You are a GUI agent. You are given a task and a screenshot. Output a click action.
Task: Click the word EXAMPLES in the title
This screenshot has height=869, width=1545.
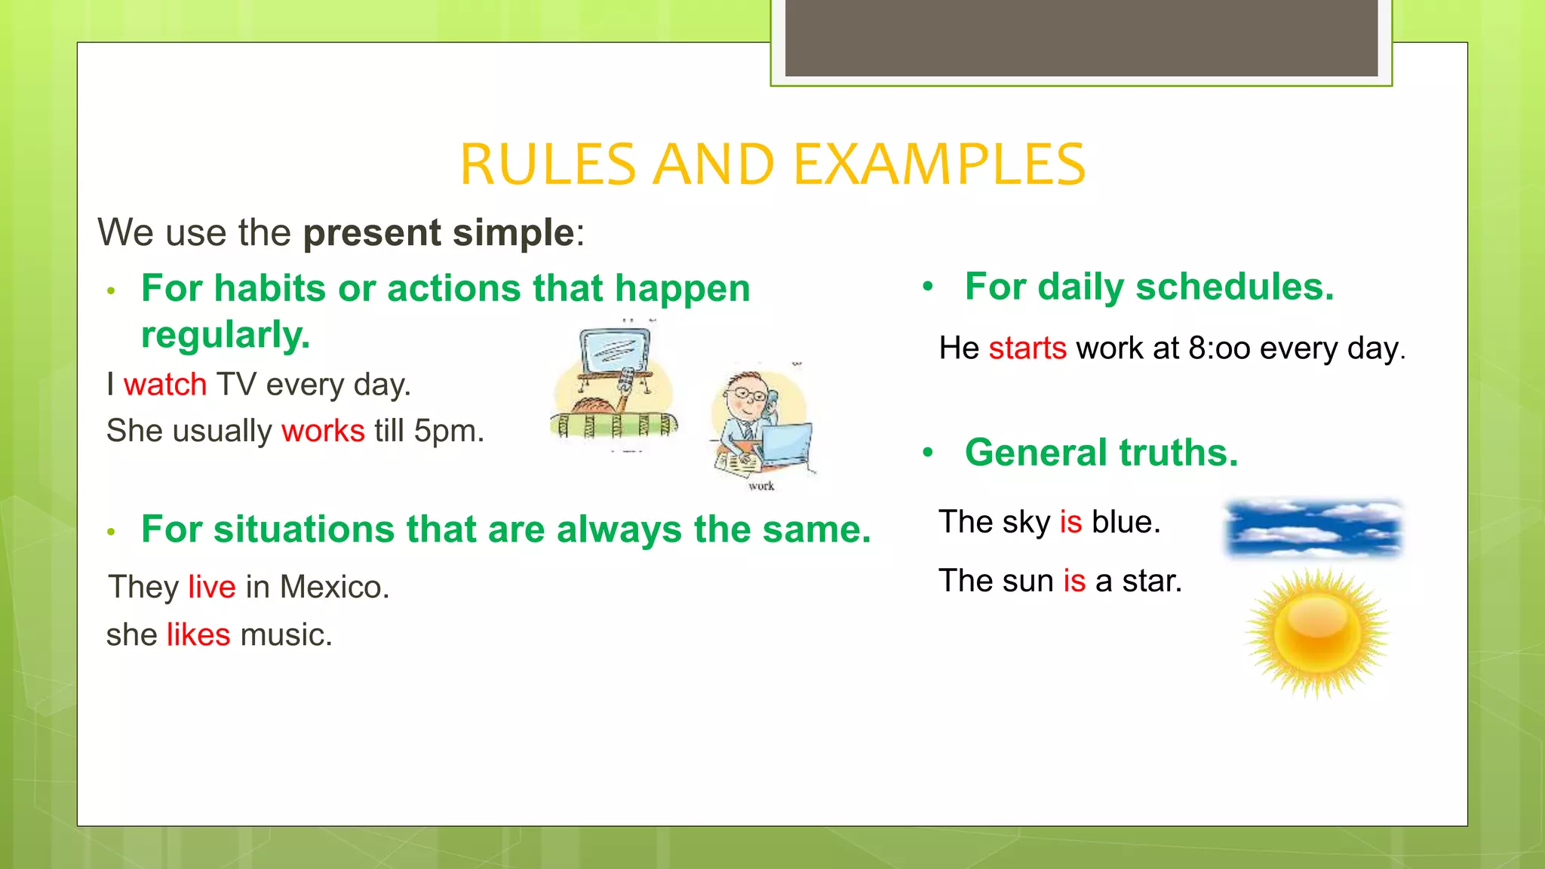pos(939,164)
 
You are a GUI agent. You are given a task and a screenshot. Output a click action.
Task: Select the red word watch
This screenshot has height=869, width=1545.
pos(164,385)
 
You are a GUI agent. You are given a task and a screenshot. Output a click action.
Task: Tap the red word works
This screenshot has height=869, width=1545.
pos(323,431)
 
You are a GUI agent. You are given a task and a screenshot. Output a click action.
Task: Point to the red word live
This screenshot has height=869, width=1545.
pos(212,587)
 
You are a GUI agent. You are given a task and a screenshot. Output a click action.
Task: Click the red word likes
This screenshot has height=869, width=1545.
pos(198,634)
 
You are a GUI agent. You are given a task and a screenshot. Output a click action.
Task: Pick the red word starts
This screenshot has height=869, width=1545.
pos(1027,349)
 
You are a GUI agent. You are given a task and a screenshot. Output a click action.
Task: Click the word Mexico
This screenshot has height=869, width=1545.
pos(333,587)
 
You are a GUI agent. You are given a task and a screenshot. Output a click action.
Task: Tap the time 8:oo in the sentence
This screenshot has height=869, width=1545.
pos(1219,349)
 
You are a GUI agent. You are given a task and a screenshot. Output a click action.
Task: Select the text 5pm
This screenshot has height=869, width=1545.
pos(448,431)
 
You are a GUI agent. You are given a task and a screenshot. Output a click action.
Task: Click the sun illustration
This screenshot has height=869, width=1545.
pos(1317,632)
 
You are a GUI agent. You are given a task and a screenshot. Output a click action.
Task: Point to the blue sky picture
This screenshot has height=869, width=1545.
pos(1313,528)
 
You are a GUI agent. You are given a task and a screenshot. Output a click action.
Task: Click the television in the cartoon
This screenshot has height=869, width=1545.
pos(615,351)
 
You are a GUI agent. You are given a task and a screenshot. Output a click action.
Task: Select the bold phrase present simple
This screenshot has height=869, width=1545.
pos(439,232)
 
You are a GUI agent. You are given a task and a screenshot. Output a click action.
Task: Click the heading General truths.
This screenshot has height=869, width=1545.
pos(1101,453)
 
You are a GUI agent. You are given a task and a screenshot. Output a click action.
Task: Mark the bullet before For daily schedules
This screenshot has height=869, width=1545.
pos(928,287)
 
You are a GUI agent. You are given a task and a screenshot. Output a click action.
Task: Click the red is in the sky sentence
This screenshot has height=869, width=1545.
pos(1070,522)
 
